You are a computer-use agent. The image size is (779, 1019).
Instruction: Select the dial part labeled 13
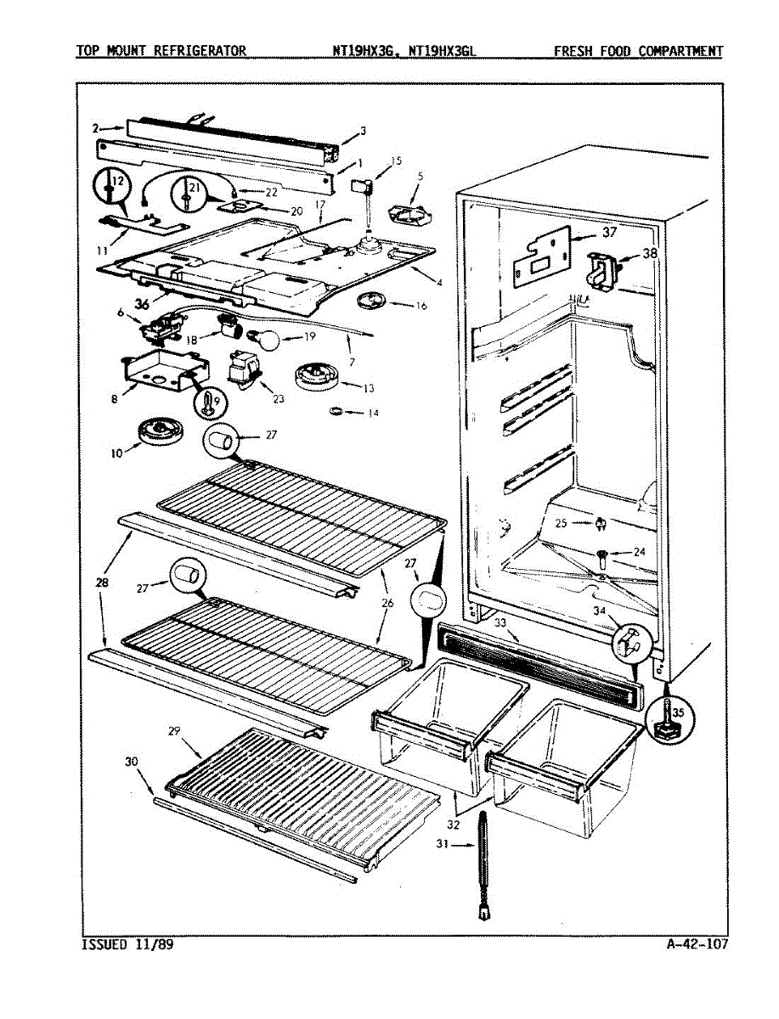click(314, 374)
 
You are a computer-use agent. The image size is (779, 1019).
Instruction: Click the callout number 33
click(501, 624)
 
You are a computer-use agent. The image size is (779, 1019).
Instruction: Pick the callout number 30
click(132, 763)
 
